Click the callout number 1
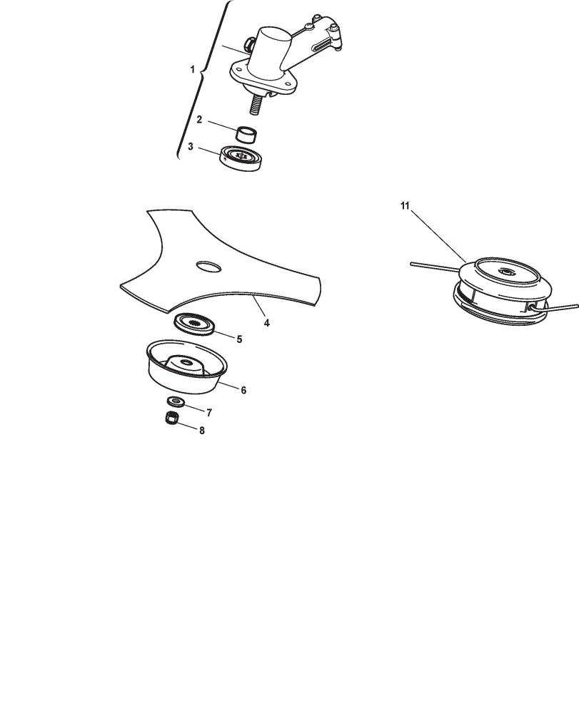(192, 70)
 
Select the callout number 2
(199, 120)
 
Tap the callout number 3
(191, 146)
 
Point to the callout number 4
(267, 323)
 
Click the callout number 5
(239, 339)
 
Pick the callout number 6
(243, 390)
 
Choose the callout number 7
(209, 413)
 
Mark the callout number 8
(202, 430)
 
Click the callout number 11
(405, 206)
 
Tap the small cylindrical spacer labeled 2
(246, 134)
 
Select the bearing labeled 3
(241, 158)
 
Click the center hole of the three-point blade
(208, 267)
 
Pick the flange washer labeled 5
(194, 324)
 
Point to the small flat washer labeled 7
(176, 401)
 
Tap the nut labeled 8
(171, 418)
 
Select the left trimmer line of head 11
(434, 267)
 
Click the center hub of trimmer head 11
(506, 272)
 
